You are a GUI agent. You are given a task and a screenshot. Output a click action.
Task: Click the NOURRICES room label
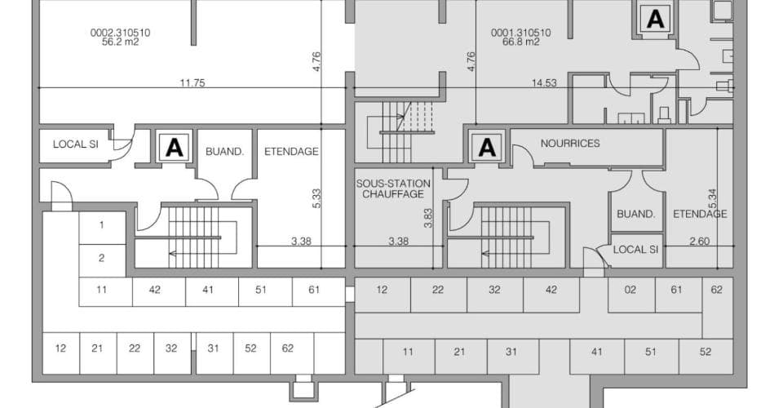coord(570,144)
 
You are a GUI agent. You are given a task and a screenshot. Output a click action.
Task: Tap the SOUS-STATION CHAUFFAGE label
coord(393,188)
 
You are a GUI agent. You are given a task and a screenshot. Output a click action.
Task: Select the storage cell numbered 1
coord(102,228)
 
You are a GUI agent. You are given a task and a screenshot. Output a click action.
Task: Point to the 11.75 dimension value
coord(192,83)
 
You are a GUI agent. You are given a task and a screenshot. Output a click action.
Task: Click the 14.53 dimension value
coord(544,83)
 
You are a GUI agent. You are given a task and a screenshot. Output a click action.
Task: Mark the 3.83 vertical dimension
coord(428,218)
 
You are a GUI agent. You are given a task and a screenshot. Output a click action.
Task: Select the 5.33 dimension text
coord(316,198)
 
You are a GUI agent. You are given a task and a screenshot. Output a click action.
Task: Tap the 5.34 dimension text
coord(712,199)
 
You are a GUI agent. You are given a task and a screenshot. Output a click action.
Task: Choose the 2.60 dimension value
coord(699,242)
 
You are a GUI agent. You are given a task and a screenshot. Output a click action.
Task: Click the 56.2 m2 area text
coord(121,42)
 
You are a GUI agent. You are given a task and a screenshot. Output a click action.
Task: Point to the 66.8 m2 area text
coord(521,42)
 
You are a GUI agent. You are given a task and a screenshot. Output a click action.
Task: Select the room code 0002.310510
coord(121,33)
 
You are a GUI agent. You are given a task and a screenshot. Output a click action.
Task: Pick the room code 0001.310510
coord(521,33)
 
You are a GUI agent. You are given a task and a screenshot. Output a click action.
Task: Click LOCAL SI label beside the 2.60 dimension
coord(635,249)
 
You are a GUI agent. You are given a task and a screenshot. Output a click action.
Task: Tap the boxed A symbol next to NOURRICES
coord(487,148)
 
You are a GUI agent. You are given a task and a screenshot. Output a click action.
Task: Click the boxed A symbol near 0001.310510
coord(655,19)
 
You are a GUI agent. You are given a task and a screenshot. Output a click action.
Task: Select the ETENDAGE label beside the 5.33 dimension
coord(291,151)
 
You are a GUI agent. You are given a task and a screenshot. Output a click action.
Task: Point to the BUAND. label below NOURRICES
coord(635,215)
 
